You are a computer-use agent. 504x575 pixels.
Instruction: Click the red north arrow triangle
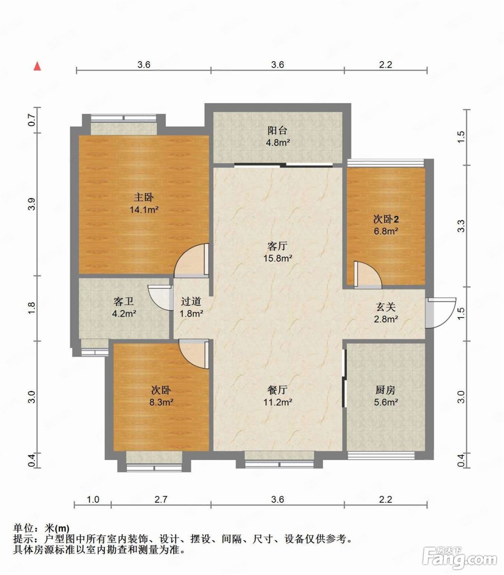37,66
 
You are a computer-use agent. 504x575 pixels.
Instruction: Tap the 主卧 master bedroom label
144,197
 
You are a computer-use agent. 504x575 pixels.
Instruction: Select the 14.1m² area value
144,210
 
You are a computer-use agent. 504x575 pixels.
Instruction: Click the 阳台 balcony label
277,130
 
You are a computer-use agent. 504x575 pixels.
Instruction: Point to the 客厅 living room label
277,246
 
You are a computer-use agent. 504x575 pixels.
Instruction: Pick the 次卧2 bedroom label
386,219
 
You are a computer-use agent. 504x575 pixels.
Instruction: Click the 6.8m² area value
386,231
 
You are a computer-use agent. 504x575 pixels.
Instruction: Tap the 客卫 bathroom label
124,301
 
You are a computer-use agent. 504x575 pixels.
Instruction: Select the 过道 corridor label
191,301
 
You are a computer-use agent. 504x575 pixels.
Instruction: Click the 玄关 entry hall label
386,307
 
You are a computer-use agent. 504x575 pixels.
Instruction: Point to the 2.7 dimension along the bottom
161,499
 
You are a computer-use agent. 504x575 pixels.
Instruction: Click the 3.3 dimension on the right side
461,226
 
